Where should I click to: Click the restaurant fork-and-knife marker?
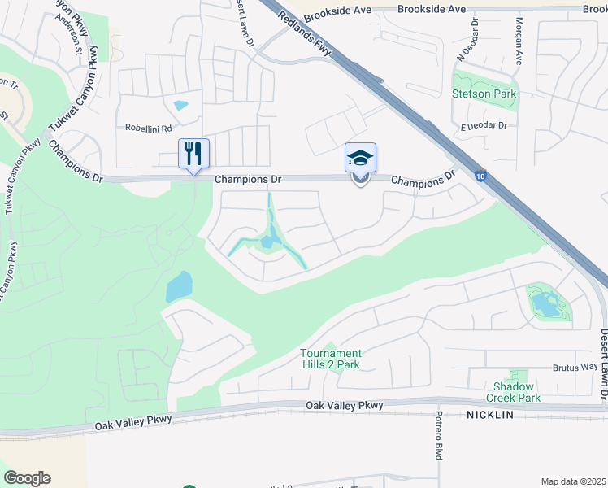(x=193, y=153)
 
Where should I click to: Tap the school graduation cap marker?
(x=360, y=158)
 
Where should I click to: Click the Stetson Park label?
(x=484, y=94)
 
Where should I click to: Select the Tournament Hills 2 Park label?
(x=330, y=359)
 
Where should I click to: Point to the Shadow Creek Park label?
(x=514, y=392)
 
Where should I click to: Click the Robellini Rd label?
(x=149, y=128)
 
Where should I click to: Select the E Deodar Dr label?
(x=484, y=126)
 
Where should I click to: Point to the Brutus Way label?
(x=575, y=368)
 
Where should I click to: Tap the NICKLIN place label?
(x=491, y=415)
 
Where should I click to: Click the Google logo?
(x=27, y=478)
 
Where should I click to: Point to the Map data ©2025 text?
(x=573, y=481)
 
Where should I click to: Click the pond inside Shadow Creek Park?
(x=543, y=304)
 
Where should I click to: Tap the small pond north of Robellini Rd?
(x=180, y=105)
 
